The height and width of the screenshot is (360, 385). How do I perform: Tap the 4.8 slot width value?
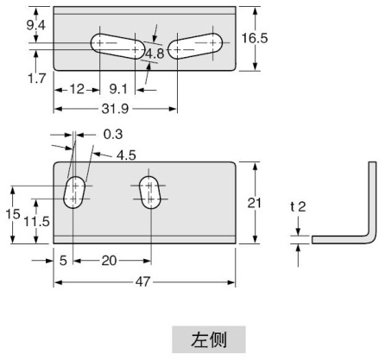[155, 54]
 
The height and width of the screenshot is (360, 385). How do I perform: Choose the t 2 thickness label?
[296, 206]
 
